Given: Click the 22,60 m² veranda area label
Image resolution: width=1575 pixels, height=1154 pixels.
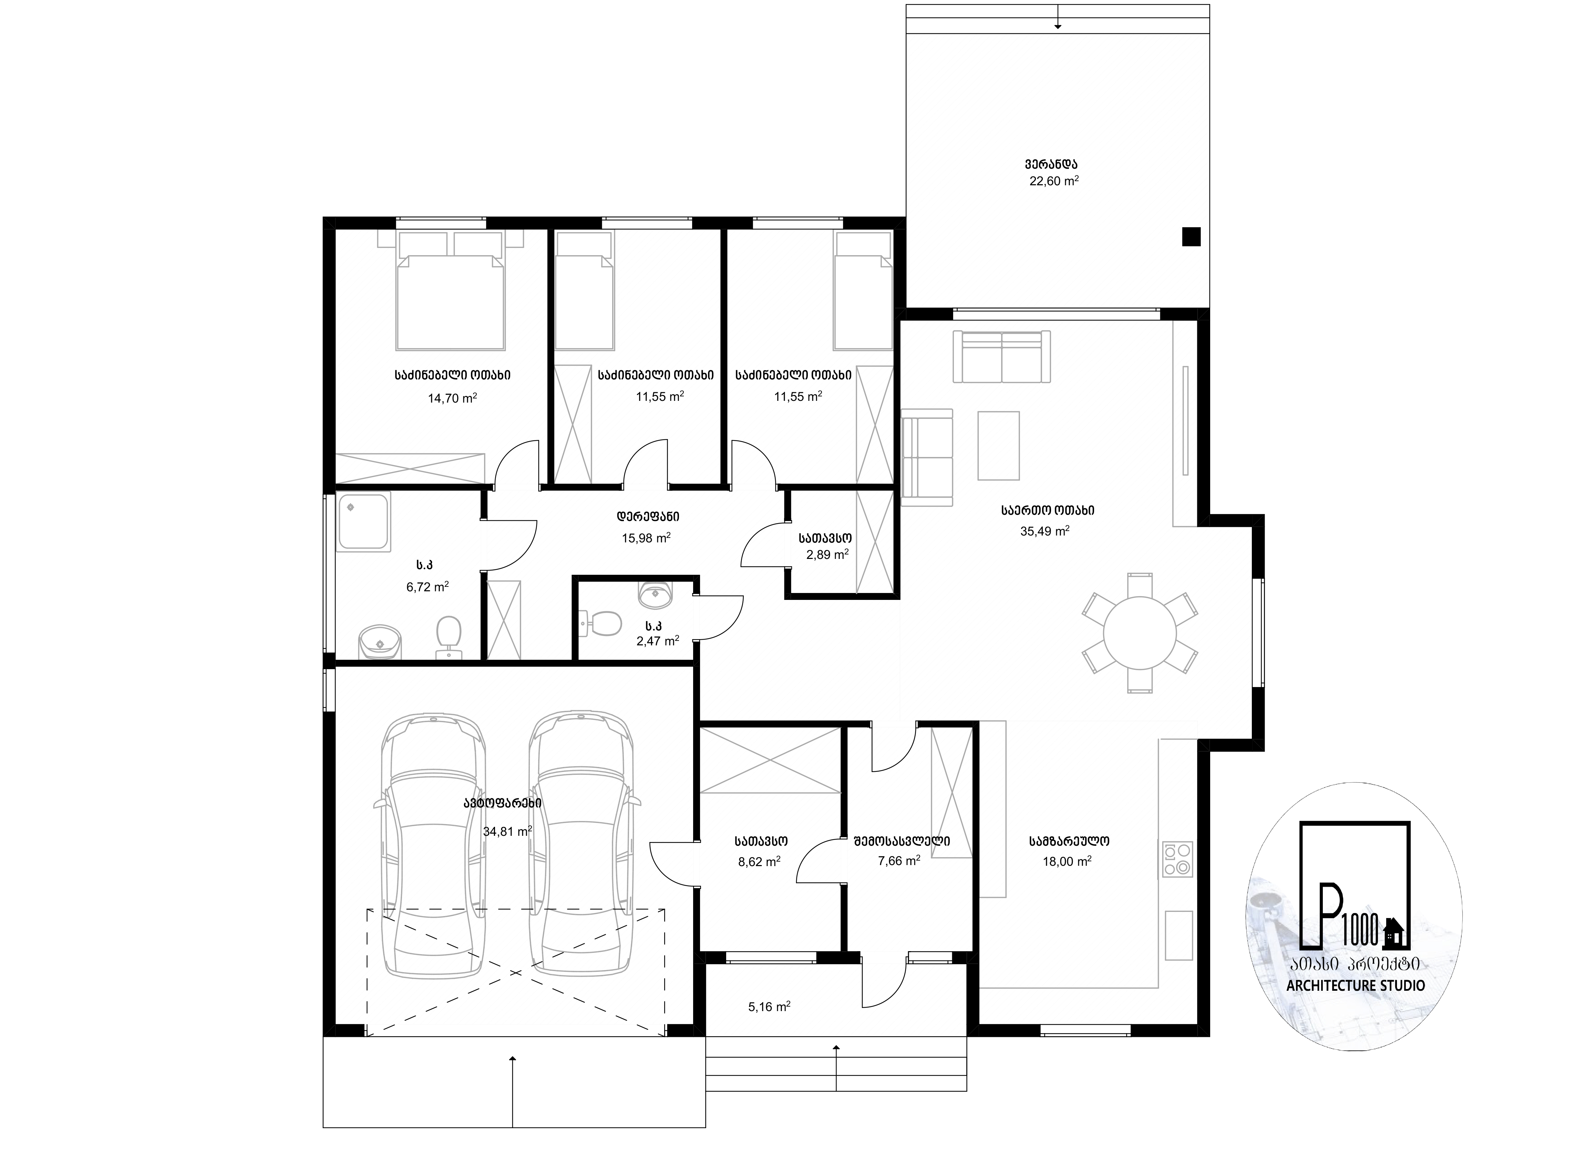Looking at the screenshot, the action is pos(1054,181).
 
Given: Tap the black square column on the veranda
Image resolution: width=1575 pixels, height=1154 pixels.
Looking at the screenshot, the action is pos(1191,237).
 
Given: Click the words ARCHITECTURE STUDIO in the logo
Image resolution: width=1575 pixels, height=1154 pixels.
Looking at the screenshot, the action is pos(1356,986).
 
